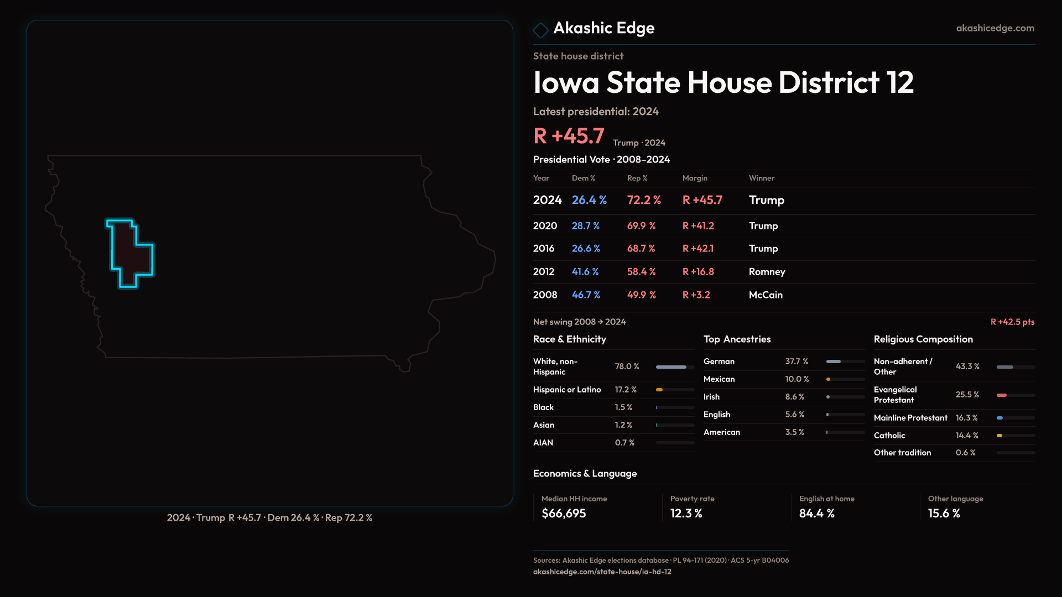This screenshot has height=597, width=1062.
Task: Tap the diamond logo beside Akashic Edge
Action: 540,30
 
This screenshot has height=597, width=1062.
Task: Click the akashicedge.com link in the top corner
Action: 995,28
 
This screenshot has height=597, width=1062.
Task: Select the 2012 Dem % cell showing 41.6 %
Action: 585,272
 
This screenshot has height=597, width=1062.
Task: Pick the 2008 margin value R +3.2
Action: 696,295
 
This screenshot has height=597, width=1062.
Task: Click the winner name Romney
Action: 767,272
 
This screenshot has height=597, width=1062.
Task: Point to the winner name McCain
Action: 766,295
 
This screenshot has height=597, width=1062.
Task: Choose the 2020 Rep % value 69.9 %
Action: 641,226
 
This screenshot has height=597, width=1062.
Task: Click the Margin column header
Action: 695,178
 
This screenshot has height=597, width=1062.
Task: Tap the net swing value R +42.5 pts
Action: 1012,322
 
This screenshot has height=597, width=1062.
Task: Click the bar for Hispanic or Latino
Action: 675,390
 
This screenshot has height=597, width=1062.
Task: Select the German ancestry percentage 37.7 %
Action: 796,362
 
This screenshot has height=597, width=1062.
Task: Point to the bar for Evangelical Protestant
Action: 1016,395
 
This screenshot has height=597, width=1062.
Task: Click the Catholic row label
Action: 889,436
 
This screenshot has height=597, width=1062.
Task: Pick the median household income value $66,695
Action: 563,514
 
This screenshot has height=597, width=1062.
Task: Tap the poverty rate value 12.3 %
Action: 686,514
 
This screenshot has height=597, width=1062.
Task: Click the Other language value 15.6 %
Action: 944,514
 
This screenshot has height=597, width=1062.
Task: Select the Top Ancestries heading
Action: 737,339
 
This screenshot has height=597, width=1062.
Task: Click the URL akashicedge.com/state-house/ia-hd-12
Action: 602,572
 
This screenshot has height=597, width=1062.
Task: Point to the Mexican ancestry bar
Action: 845,379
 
